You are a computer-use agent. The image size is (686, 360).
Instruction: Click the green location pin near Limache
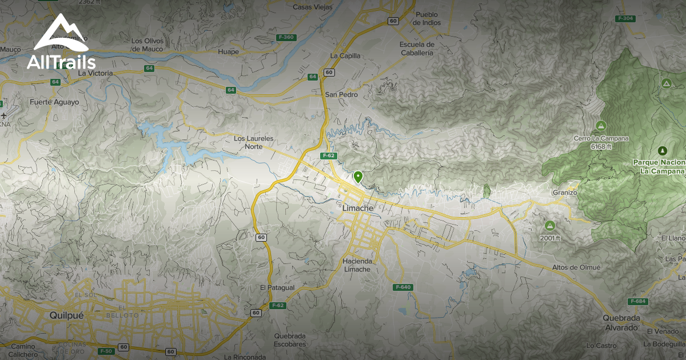pos(358,177)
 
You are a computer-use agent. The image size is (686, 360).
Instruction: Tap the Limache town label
pos(357,209)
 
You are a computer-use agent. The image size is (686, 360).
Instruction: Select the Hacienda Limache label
pos(357,265)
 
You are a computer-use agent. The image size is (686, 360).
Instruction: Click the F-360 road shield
pos(285,37)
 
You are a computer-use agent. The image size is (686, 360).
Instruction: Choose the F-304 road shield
pos(626,18)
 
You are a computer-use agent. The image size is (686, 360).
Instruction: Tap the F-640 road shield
pos(402,287)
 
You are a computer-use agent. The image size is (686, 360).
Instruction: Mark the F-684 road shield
pos(637,301)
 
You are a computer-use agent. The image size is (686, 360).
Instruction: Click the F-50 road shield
pos(105,350)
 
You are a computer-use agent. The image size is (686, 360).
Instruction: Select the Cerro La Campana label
pos(601,138)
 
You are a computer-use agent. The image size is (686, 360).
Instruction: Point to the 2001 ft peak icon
pos(550,226)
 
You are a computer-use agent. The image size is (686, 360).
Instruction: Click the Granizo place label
pos(565,193)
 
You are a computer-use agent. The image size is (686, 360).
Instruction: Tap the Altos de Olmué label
pos(576,267)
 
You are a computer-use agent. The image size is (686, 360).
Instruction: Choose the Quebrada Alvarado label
pos(620,323)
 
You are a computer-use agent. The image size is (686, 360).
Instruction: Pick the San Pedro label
pos(337,94)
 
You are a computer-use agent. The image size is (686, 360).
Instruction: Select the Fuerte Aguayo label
pos(55,102)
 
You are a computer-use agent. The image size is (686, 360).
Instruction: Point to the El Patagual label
pos(277,287)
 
